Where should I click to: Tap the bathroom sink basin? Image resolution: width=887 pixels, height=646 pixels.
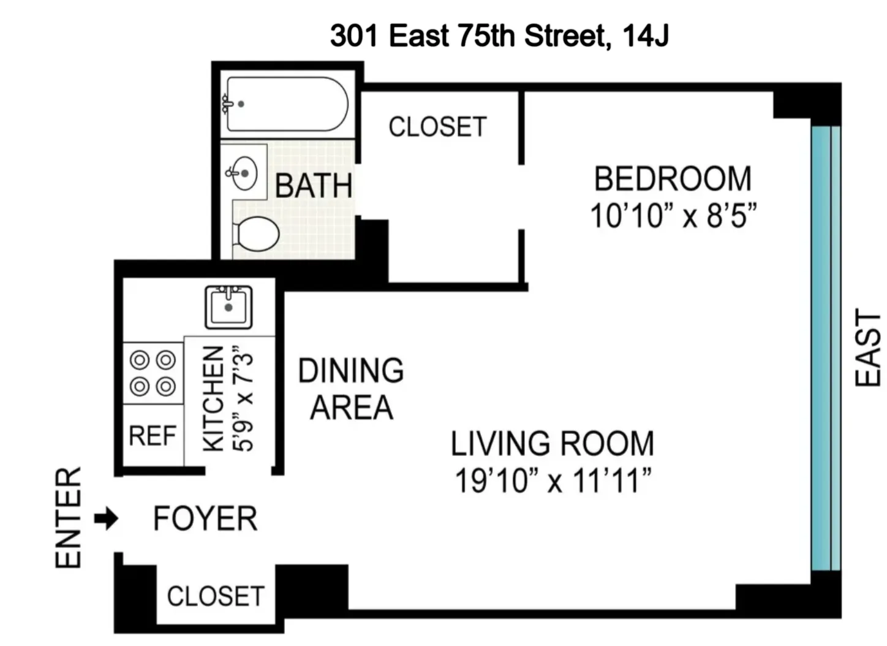244,173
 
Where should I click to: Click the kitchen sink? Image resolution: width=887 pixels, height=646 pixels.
228,306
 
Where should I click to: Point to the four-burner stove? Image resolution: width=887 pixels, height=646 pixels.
153,373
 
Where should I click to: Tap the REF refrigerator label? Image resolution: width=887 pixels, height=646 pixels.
153,436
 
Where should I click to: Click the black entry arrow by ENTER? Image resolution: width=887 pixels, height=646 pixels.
106,519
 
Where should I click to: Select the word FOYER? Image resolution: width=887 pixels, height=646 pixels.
205,519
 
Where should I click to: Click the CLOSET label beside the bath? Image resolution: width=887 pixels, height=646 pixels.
437,127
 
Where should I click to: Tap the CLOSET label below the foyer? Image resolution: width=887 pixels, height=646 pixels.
216,596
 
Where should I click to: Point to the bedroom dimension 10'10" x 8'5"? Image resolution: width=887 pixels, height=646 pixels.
673,216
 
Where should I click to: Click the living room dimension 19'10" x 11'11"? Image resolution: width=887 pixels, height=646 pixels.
552,481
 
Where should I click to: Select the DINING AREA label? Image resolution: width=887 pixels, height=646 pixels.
351,389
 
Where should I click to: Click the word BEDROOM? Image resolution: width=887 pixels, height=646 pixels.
673,179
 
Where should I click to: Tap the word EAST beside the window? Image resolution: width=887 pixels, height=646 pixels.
868,348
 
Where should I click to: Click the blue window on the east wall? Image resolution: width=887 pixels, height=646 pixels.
825,348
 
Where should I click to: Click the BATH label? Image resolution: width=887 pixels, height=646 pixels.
314,186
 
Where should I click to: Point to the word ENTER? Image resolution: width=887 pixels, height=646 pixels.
69,518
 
